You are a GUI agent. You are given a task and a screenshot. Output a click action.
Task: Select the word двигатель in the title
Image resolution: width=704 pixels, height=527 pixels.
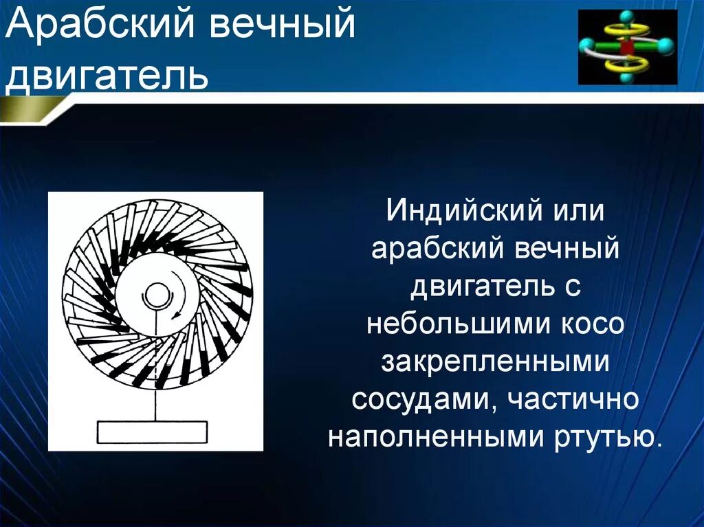(x=107, y=75)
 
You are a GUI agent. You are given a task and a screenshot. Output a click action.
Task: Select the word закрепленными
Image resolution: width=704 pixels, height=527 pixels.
(x=495, y=361)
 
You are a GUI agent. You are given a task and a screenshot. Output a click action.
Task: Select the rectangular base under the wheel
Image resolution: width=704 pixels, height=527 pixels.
(x=152, y=432)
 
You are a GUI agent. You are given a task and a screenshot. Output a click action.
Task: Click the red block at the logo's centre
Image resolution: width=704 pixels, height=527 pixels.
(x=627, y=47)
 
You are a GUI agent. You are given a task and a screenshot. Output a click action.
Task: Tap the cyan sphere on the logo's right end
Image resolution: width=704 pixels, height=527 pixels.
(x=666, y=46)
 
